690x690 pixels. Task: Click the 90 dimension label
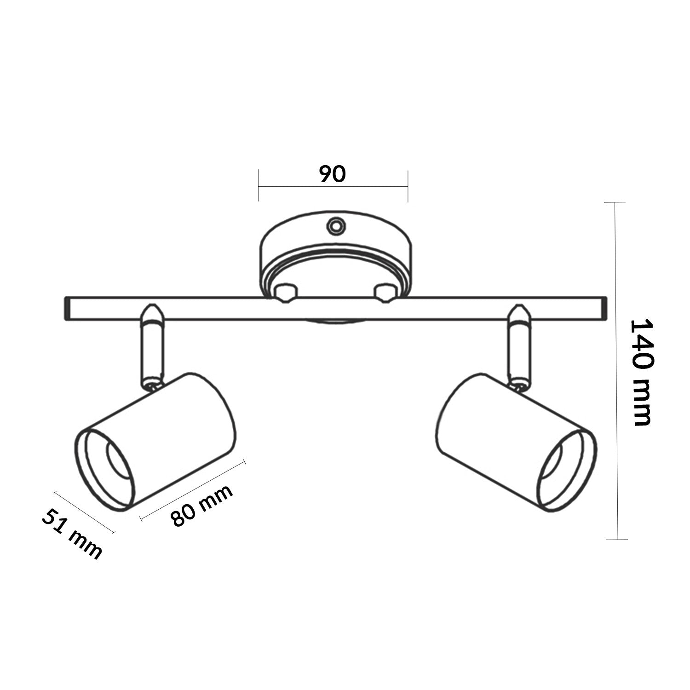[x=332, y=174]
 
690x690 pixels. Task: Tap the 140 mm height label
[x=640, y=372]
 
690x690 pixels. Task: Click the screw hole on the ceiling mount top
[x=335, y=226]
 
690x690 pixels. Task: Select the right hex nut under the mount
[x=385, y=293]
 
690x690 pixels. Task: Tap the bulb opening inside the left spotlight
[x=118, y=460]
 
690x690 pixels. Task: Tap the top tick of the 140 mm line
[x=615, y=202]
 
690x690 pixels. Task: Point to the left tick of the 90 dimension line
[x=259, y=186]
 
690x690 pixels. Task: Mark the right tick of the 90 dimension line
[x=408, y=186]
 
